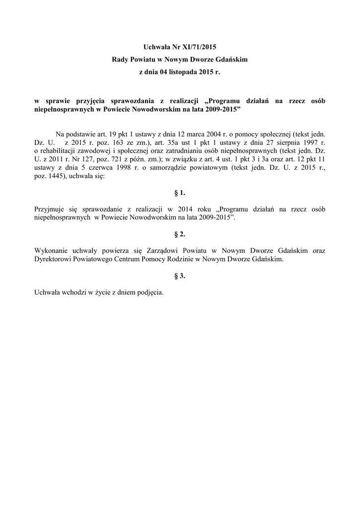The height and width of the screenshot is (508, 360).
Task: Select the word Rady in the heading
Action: tap(120, 60)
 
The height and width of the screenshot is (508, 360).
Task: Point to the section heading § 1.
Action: tap(179, 192)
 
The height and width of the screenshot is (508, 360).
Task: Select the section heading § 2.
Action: tap(179, 234)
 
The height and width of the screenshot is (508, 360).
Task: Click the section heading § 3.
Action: tap(179, 276)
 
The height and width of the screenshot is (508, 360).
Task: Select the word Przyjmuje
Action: tap(50, 209)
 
